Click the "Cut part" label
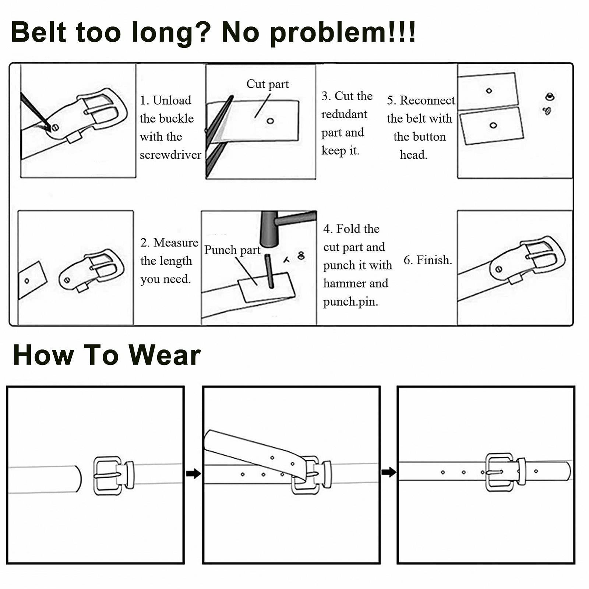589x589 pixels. (x=268, y=84)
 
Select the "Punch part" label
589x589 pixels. (x=232, y=250)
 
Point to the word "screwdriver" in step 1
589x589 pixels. (x=170, y=155)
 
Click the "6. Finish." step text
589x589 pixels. (x=428, y=260)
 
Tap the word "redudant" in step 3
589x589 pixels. (x=344, y=114)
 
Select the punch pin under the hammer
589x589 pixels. (x=270, y=271)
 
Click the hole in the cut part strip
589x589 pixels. (x=270, y=121)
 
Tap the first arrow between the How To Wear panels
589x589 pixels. (x=193, y=473)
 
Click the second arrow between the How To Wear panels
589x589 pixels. (x=389, y=472)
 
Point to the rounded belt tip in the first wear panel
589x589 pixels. (x=78, y=479)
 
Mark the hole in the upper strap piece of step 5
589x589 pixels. (x=489, y=91)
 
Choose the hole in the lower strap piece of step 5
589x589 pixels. (x=493, y=125)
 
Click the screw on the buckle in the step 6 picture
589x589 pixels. (x=499, y=269)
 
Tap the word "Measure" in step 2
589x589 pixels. (x=176, y=243)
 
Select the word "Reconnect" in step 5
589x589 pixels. (x=427, y=100)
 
